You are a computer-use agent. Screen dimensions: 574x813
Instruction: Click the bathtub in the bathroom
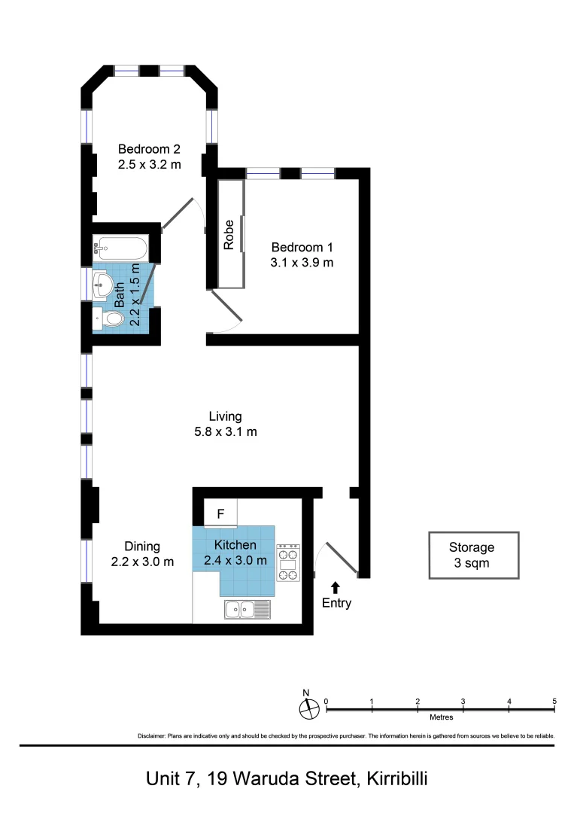120,248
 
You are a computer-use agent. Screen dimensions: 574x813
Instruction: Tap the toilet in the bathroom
109,319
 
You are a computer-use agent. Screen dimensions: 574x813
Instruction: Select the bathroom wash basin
104,285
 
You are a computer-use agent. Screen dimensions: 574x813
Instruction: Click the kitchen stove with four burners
288,562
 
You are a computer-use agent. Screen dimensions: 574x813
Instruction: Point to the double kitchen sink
248,609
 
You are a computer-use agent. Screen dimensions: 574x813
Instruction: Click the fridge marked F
220,513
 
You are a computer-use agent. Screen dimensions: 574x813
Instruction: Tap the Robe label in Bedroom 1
229,235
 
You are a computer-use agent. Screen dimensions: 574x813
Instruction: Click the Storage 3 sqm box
474,556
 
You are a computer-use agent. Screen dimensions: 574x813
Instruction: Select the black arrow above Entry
336,587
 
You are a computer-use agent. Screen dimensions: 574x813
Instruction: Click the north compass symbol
309,709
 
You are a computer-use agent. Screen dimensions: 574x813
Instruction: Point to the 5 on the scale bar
554,701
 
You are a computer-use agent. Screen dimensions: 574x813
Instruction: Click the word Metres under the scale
442,717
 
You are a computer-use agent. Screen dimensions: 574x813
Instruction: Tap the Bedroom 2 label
149,149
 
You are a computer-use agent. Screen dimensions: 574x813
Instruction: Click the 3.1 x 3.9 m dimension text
302,263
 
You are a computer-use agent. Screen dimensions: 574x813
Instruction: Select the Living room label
226,416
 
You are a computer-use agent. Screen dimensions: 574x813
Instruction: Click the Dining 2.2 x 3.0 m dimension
142,562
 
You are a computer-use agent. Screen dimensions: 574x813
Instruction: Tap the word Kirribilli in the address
397,779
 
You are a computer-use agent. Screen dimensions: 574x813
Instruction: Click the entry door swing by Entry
342,558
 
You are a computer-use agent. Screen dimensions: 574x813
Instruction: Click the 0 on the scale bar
326,702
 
